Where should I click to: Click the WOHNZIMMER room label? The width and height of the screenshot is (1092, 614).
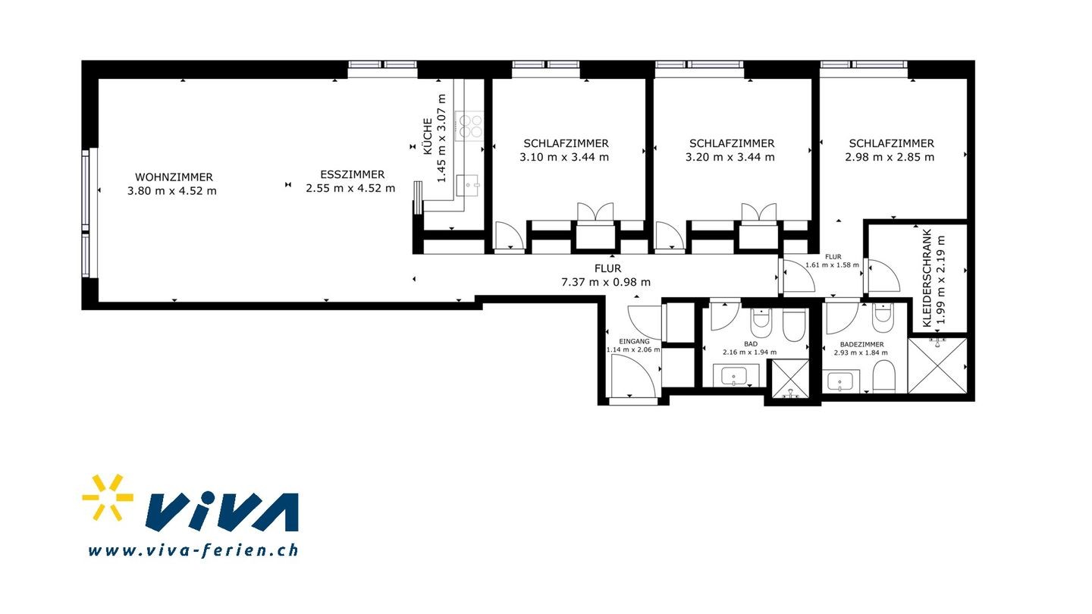(174, 177)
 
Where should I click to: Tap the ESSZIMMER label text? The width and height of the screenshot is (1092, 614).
(353, 174)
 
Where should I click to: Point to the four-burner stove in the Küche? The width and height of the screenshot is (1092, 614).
(469, 126)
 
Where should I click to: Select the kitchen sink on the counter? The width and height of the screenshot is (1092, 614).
(467, 185)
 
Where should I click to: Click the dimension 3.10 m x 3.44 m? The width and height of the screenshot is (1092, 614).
(564, 157)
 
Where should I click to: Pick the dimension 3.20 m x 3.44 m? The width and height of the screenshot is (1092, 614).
(730, 157)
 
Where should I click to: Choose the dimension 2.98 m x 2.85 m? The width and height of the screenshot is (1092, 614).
(890, 157)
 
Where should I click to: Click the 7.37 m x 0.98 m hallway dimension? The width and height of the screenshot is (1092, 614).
(606, 282)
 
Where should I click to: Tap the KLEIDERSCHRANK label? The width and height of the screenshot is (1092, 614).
(927, 278)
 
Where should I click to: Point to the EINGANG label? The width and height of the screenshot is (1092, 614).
(634, 341)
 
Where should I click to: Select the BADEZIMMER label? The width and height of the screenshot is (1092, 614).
(862, 344)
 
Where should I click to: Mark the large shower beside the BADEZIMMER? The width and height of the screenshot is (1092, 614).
(937, 365)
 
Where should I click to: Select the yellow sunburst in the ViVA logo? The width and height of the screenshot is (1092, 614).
(108, 497)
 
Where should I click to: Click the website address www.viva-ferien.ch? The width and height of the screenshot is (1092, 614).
(193, 550)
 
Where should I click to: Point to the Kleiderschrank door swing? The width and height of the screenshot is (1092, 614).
(884, 276)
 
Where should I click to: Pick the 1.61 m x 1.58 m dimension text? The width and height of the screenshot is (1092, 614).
(832, 265)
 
